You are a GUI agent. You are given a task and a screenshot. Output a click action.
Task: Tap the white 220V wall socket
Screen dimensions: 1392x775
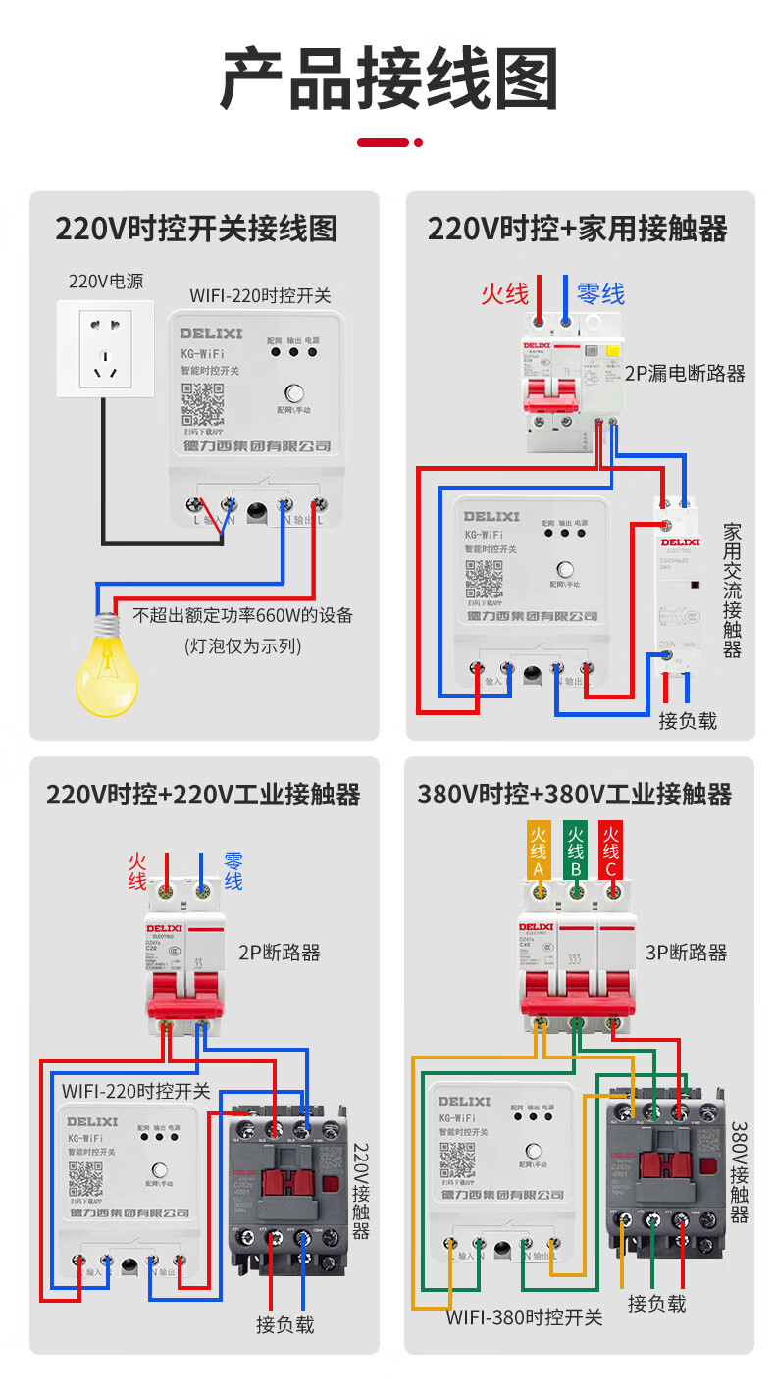(105, 348)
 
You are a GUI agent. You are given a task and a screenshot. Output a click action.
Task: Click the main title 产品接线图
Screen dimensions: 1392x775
(388, 78)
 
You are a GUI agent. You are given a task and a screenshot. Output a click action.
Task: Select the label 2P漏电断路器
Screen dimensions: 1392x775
(685, 373)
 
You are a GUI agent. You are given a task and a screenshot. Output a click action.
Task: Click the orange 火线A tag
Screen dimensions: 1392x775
(539, 851)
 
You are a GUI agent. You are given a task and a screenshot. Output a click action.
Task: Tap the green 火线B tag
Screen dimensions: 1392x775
(575, 851)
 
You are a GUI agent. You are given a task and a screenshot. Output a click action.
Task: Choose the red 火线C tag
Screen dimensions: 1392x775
(610, 851)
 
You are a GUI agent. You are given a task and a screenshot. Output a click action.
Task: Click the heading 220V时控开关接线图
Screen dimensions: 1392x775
(195, 229)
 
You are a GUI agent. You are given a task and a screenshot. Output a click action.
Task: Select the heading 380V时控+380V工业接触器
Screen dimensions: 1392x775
(575, 794)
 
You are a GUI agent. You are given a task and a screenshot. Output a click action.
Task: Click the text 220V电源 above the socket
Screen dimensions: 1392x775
(105, 282)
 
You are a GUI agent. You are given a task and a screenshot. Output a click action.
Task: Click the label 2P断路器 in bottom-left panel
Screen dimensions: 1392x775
(279, 952)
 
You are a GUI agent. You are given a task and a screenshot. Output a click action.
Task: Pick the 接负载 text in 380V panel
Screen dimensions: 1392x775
(656, 1303)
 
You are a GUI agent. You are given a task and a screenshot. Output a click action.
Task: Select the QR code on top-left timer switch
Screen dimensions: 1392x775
(203, 405)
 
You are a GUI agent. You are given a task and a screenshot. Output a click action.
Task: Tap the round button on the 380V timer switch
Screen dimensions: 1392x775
(535, 1151)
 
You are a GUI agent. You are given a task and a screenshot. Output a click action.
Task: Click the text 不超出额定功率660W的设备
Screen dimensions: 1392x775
(242, 616)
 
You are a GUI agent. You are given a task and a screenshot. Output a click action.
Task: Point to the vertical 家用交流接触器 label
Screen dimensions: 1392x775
(732, 590)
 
